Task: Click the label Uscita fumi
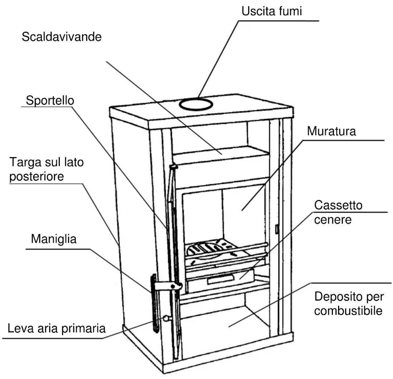[x=272, y=11]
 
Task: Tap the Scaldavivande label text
[x=62, y=37]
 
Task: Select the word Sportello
[x=50, y=100]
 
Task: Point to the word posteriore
[x=37, y=176]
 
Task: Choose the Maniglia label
[x=54, y=239]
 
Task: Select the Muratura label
[x=331, y=131]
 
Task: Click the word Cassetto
[x=338, y=205]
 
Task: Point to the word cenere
[x=333, y=220]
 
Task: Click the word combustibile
[x=348, y=311]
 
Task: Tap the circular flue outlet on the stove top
[x=196, y=104]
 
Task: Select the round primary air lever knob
[x=166, y=318]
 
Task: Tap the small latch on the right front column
[x=277, y=229]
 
